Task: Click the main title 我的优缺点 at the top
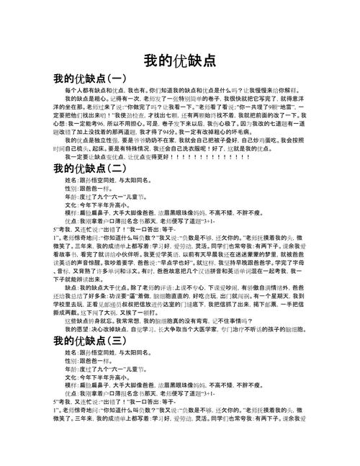coord(179,61)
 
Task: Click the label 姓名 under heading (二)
coord(71,179)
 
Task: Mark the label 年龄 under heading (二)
coord(71,195)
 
